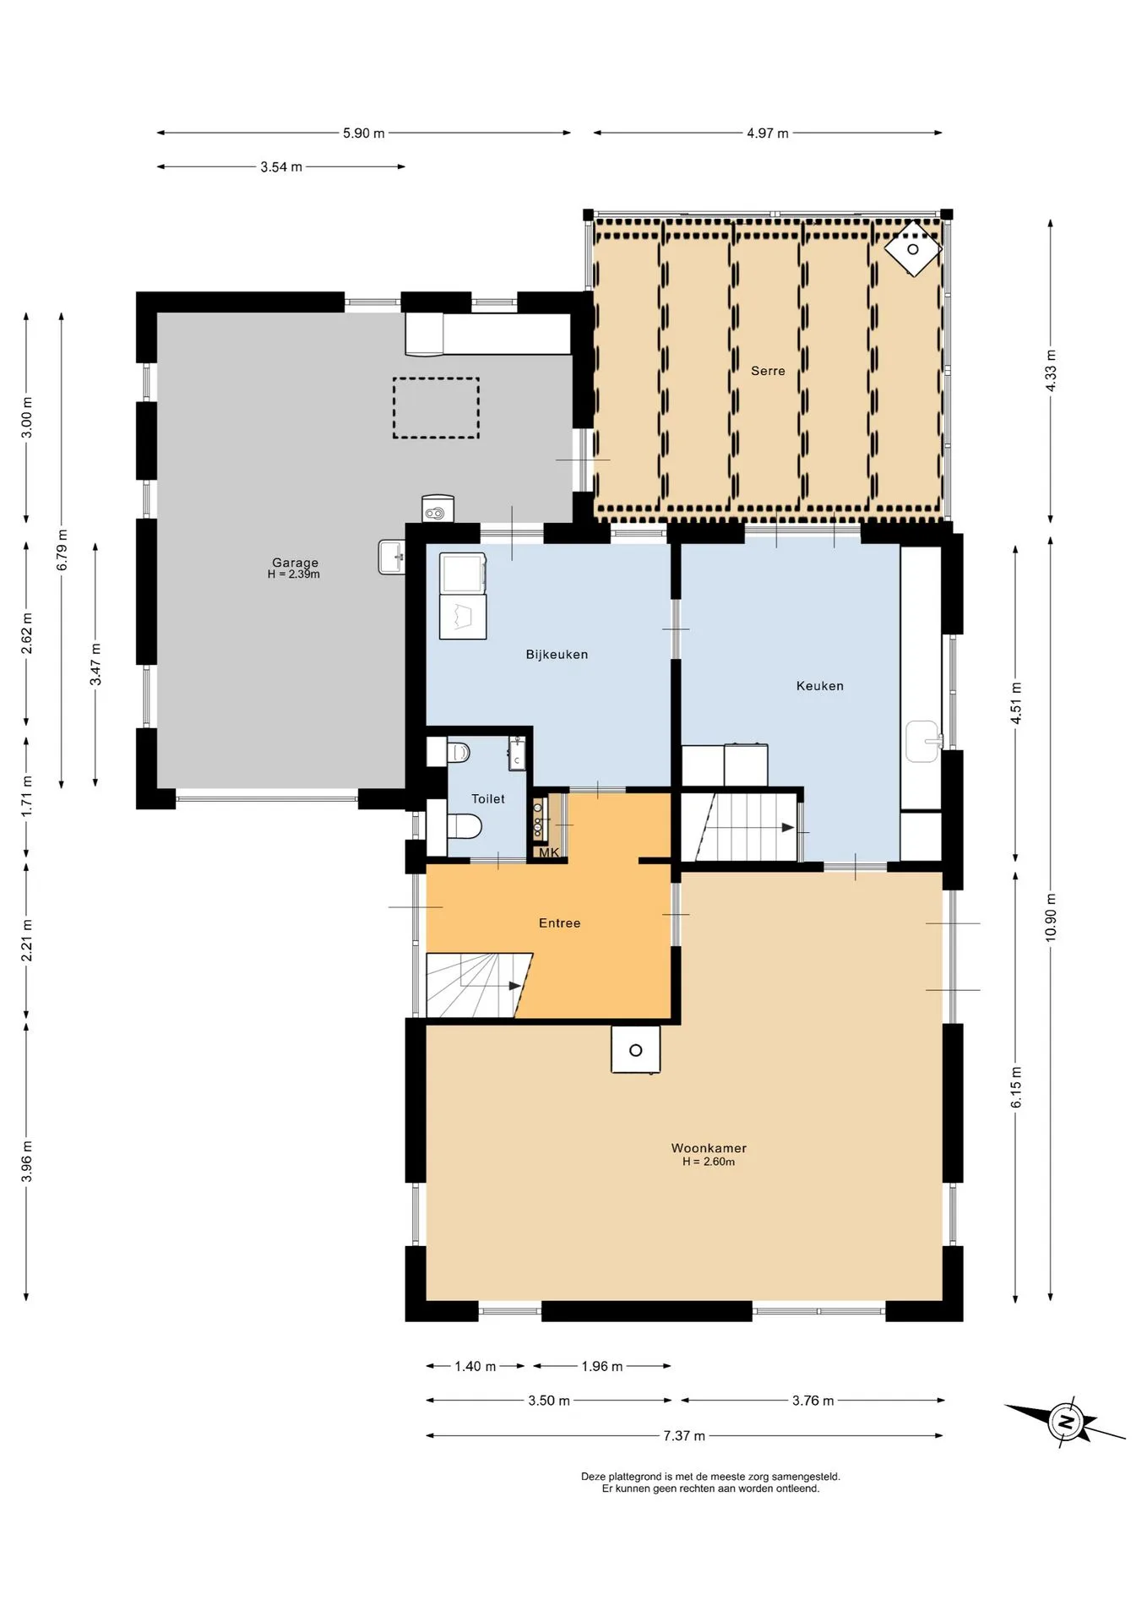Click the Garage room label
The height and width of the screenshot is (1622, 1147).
coord(295,563)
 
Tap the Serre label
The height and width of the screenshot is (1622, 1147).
coord(768,371)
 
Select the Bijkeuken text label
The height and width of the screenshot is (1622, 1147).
coord(557,655)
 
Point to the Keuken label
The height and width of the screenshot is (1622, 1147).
coord(819,686)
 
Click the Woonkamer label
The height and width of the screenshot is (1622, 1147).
coord(709,1148)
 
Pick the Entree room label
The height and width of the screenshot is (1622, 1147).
coord(559,923)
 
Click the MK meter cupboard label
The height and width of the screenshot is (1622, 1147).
coord(549,853)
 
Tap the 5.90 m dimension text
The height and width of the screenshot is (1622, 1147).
coord(363,133)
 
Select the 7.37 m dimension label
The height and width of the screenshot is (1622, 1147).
coord(684,1435)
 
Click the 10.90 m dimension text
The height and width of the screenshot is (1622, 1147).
coord(1051,917)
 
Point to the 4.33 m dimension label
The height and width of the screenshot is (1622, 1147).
coord(1051,371)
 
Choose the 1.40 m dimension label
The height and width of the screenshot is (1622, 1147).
coord(475,1366)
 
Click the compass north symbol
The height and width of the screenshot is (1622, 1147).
coord(1066,1423)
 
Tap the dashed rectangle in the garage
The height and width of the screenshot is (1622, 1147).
coord(436,408)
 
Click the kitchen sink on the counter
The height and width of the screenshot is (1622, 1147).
coord(923,741)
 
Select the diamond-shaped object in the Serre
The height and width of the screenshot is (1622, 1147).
coord(913,248)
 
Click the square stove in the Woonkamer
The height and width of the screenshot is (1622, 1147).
coord(636,1050)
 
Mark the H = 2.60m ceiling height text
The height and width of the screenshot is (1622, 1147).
coord(709,1162)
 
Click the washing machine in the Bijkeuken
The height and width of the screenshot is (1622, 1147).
coord(463,574)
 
